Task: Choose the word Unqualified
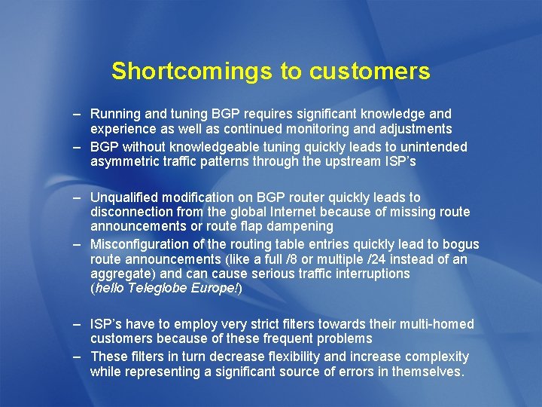(x=124, y=197)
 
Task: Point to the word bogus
(x=461, y=244)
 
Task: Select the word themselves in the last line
(x=431, y=372)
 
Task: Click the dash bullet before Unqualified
(x=78, y=197)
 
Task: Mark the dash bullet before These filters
(x=78, y=357)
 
